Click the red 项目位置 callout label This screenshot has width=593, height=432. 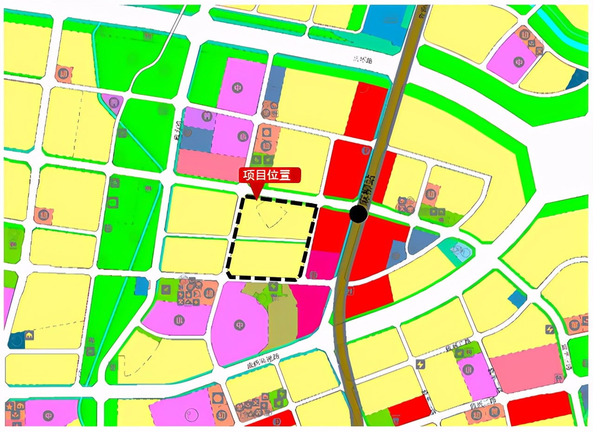coord(270,175)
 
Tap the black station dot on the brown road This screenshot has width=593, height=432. coord(358,214)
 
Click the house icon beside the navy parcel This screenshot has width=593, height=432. coord(29,334)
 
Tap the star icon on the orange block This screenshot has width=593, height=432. coord(9,406)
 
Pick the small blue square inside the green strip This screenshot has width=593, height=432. coord(141,286)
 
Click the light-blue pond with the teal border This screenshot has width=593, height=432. coord(460,251)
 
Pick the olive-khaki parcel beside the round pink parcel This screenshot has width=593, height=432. coord(282,316)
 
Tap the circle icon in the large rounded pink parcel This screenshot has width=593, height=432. coord(240,324)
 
